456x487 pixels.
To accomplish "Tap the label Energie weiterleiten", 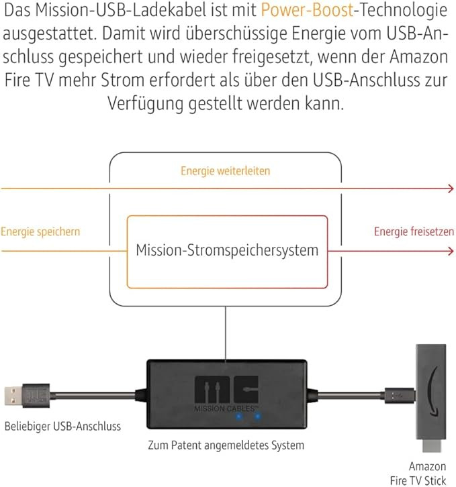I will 225,171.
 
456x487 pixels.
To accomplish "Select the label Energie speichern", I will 40,231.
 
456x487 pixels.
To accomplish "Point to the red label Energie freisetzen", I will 414,231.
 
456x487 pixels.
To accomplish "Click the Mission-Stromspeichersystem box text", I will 227,251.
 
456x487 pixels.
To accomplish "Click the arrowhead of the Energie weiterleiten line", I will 451,189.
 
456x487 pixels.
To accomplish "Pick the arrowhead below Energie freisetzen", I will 451,252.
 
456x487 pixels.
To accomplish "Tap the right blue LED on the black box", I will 257,415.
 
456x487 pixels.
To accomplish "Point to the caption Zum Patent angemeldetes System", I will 226,445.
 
